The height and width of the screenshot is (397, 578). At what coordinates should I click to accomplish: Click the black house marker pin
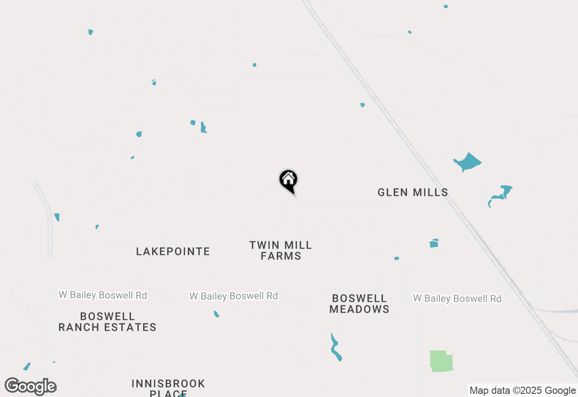click(x=288, y=180)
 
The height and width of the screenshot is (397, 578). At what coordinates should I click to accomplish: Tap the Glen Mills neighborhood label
click(x=413, y=193)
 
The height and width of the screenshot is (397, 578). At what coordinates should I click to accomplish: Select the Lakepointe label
click(x=173, y=252)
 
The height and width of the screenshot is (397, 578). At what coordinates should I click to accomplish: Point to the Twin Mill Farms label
click(x=281, y=251)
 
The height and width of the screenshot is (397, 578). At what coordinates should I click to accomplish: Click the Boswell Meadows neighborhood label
click(x=359, y=304)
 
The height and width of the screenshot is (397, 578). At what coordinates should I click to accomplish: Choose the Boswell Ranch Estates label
click(x=107, y=322)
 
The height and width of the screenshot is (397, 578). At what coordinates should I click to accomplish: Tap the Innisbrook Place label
click(x=168, y=388)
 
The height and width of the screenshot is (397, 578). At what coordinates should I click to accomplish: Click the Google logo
click(x=31, y=387)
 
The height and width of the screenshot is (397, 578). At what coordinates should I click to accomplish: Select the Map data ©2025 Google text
click(x=522, y=391)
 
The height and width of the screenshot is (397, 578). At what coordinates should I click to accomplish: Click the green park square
click(x=441, y=361)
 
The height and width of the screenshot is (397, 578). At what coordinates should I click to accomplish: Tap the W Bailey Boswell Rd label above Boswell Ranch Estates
click(x=103, y=295)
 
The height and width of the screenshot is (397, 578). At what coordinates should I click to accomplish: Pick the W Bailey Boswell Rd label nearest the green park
click(x=457, y=299)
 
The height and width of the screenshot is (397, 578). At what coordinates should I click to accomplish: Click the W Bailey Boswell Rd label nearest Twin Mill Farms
click(x=233, y=296)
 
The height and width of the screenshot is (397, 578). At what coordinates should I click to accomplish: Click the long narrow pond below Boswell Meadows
click(x=336, y=348)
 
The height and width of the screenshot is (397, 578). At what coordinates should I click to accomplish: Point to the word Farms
click(x=281, y=256)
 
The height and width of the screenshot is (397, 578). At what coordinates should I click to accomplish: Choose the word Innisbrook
click(x=168, y=384)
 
